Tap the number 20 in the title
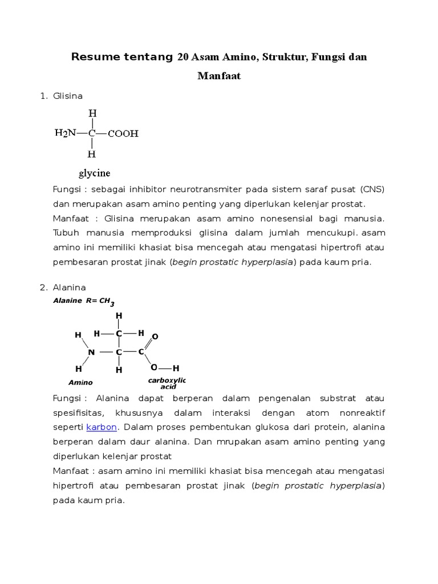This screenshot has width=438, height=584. point(183,57)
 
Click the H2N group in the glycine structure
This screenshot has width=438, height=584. point(65,133)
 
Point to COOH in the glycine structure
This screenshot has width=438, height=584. point(123,134)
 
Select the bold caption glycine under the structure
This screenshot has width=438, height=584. point(95,173)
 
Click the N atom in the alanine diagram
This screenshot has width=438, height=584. point(91,352)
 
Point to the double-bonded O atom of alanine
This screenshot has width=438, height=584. point(155,337)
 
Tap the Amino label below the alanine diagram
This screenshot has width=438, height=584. point(80,383)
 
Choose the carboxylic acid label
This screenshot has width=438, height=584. point(168,383)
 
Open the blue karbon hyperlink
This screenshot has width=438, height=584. point(102,427)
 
